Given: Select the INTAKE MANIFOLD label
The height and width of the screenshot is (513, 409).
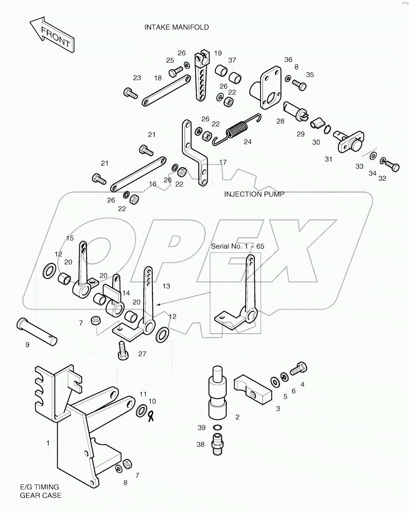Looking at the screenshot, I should pyautogui.click(x=176, y=27).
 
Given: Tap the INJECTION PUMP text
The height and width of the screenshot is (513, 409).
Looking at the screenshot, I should pyautogui.click(x=254, y=194).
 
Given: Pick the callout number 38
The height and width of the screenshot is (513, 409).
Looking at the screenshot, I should pyautogui.click(x=200, y=444).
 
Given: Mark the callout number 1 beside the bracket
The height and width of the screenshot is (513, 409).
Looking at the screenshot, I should pyautogui.click(x=48, y=443).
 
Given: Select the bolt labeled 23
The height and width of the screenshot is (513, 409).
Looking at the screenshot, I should pyautogui.click(x=130, y=93).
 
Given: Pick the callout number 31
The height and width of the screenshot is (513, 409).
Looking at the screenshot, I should pyautogui.click(x=329, y=159).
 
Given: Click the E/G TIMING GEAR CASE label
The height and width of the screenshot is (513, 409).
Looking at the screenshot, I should pyautogui.click(x=41, y=491).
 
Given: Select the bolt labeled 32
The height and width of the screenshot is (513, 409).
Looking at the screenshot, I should pyautogui.click(x=392, y=167).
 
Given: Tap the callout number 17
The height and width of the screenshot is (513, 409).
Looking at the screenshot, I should pyautogui.click(x=223, y=162).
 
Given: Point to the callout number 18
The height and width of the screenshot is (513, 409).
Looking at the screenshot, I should pyautogui.click(x=157, y=78).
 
